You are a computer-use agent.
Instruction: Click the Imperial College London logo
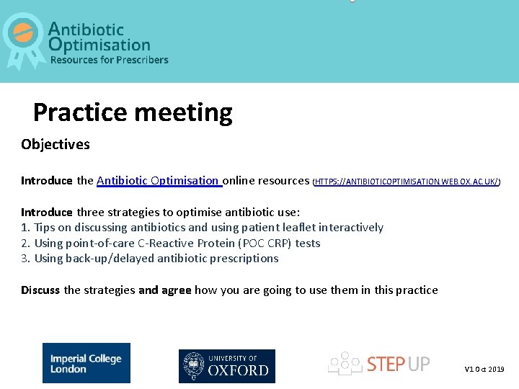86,363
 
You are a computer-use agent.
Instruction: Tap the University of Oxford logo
227,366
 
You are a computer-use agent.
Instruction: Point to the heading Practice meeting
133,112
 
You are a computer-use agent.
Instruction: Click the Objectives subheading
56,144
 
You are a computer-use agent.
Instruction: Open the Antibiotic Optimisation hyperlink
158,181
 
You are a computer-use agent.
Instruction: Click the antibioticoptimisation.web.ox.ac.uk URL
408,182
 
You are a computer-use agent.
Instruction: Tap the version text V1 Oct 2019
484,369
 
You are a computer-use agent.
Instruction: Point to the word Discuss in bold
40,290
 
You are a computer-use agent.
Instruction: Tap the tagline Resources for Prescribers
109,60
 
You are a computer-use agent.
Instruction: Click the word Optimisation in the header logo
99,45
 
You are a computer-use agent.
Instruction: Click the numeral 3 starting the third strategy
25,258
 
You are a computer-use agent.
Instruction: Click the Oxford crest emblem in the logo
193,366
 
